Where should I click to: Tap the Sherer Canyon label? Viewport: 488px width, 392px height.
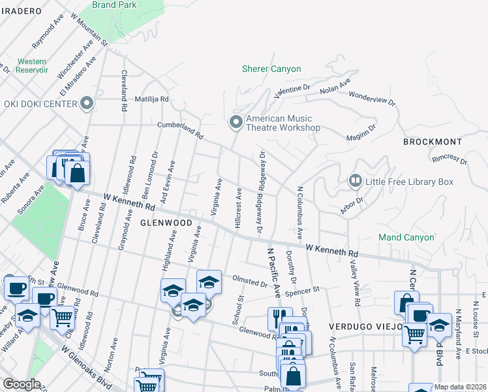tap(271, 69)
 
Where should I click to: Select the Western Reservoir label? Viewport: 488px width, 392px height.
tap(32, 65)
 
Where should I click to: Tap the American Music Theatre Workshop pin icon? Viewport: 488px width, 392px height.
tap(236, 122)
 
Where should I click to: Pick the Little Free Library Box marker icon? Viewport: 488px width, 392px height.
tap(356, 180)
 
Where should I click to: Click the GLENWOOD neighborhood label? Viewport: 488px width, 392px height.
tap(166, 223)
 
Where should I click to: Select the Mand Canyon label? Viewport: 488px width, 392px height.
tap(406, 237)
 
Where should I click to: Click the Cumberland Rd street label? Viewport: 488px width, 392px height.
tap(180, 131)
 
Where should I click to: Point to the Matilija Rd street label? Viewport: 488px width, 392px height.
tap(152, 99)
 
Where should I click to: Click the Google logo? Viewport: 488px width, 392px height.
tap(22, 384)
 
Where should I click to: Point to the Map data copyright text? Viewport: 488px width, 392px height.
tap(459, 387)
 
